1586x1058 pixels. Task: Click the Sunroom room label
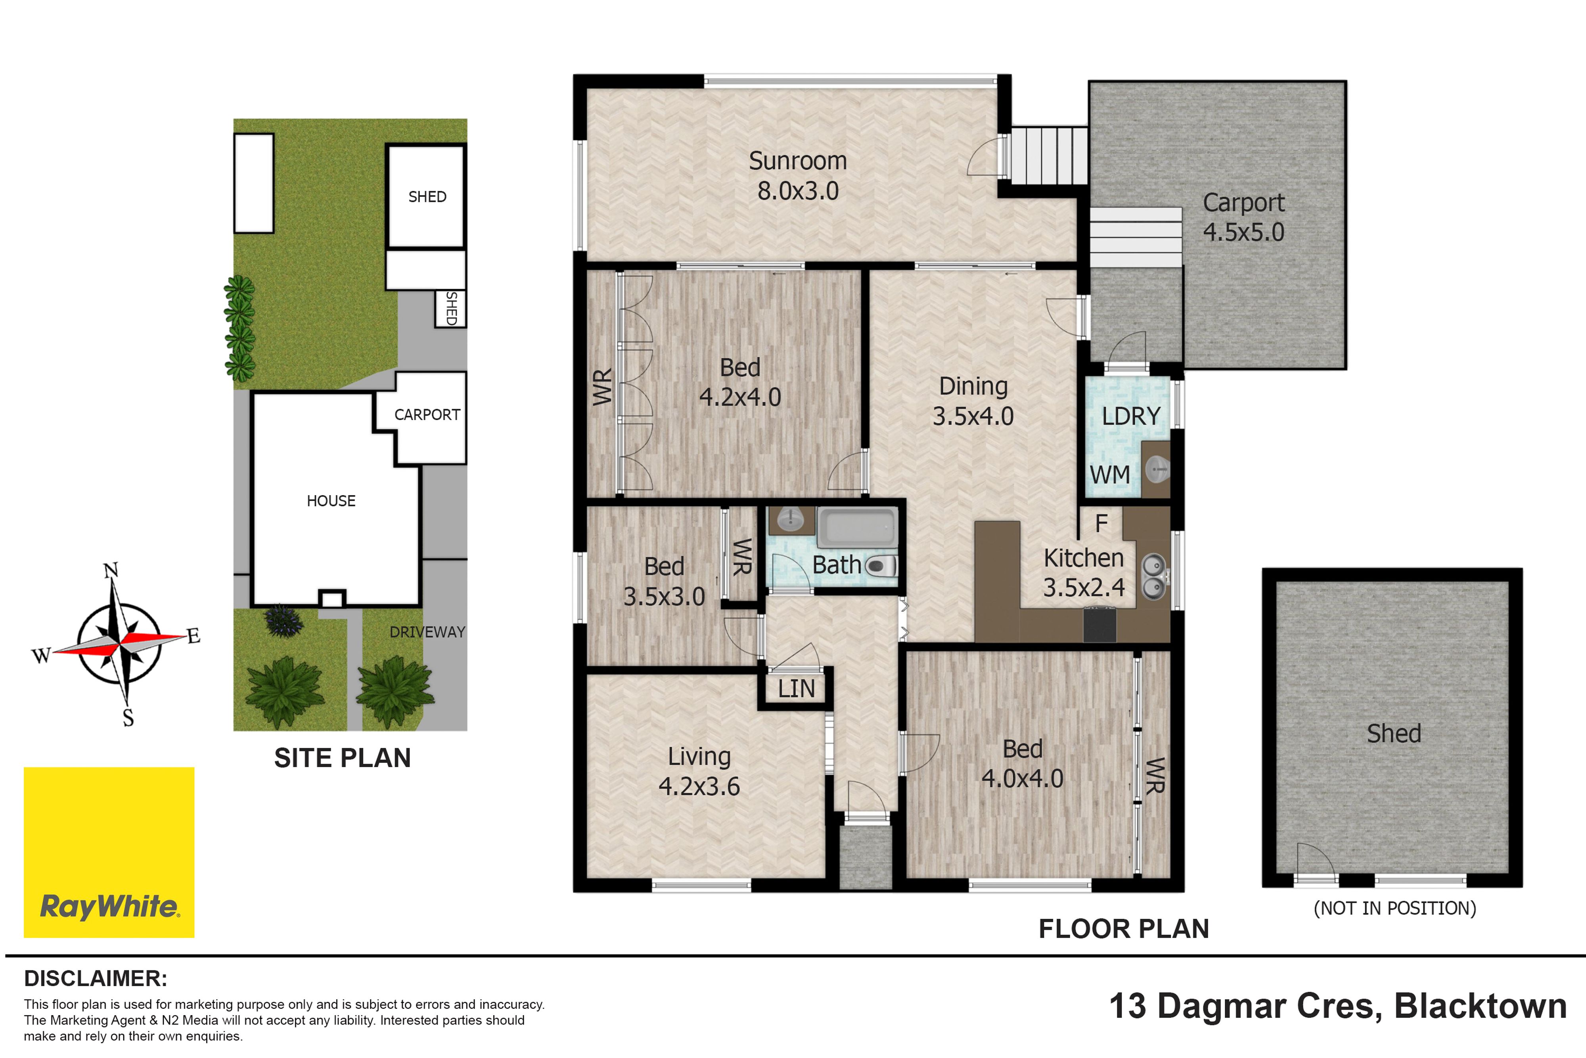pos(798,161)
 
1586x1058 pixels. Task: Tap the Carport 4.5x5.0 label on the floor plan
pos(1243,217)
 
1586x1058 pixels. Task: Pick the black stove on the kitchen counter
pos(1099,624)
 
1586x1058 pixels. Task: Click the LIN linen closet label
pos(797,689)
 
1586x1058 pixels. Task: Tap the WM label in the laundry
pos(1110,475)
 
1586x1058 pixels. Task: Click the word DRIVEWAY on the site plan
pos(427,632)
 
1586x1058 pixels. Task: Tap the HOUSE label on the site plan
pos(331,501)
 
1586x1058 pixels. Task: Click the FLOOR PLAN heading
pos(1123,929)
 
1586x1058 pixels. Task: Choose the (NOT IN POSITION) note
pos(1394,908)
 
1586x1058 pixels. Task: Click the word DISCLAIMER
pos(96,978)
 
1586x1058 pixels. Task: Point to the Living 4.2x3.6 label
pos(699,771)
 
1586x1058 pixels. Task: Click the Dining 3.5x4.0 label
pos(973,401)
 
